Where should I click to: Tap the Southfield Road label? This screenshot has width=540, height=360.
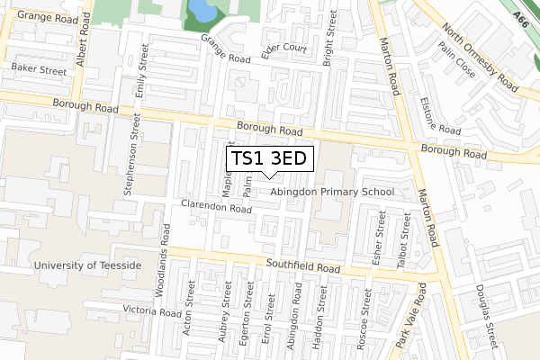tap(302, 267)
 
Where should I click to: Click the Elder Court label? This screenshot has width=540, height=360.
tap(283, 48)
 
